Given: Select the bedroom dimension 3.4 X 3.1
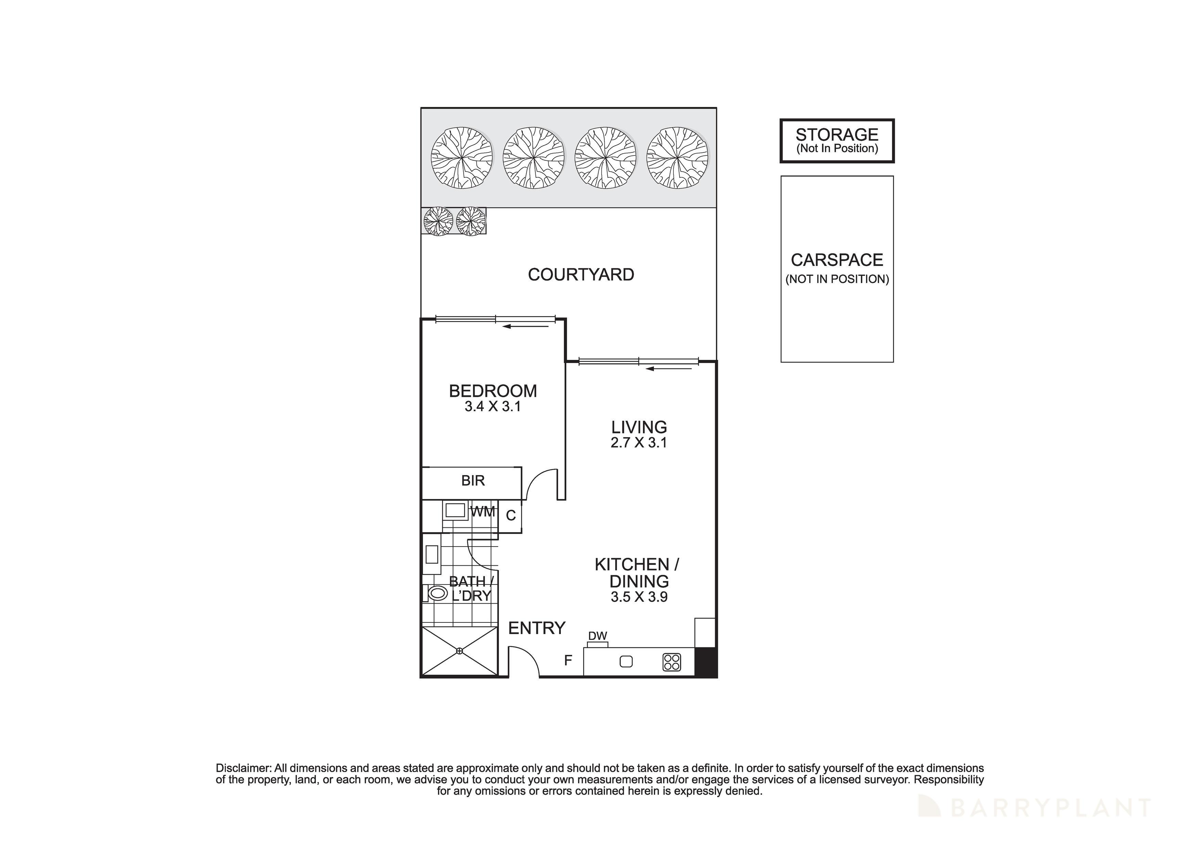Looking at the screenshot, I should pos(492,406).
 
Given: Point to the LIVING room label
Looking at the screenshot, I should pos(639,427).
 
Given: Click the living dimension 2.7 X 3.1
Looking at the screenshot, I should pos(639,443).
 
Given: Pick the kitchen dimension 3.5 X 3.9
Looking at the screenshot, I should pos(639,597).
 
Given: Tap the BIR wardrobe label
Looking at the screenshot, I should pos(473,481).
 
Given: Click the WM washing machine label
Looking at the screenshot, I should pos(483,512).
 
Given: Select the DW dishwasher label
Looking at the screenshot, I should pos(597,636).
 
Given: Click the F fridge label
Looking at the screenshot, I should pos(568,661).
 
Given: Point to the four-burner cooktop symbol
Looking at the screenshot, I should pos(672,662).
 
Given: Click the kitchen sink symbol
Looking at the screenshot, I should pos(625,662).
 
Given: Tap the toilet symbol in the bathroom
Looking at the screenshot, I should pos(437,593).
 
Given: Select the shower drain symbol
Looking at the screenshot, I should pos(460,651).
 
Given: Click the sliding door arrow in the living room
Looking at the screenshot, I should pos(669,369).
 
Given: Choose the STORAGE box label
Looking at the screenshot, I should pos(837,135).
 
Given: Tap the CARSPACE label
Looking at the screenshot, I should pos(837,260).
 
